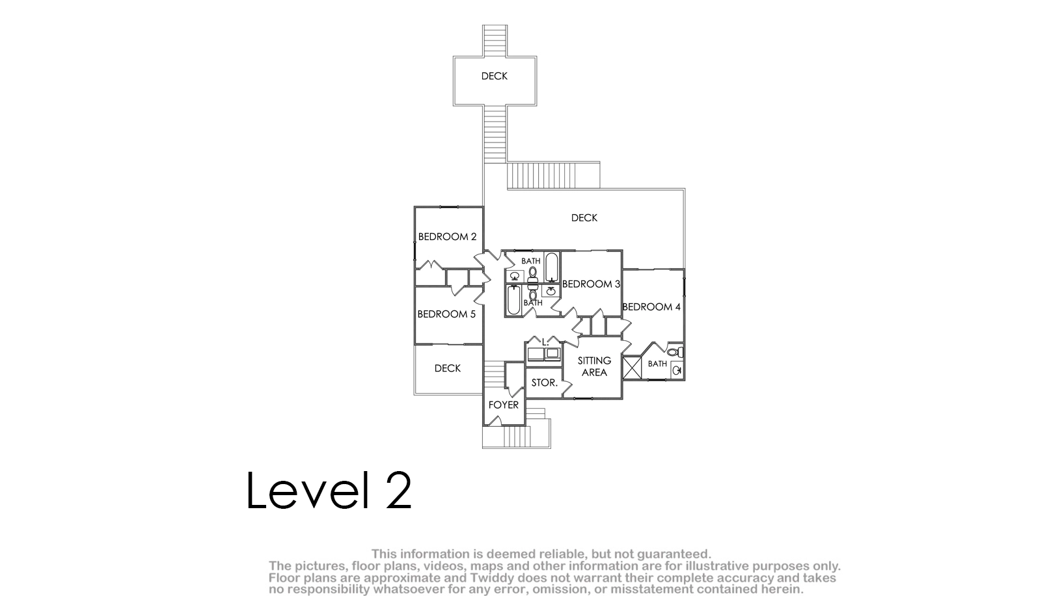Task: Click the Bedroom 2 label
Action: (x=447, y=237)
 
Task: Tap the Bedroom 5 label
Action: (x=446, y=314)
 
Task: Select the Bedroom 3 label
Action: (x=591, y=284)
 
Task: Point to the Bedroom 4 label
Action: (x=651, y=306)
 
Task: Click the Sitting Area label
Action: (x=594, y=366)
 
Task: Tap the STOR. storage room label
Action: (x=544, y=383)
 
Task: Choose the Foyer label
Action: (x=504, y=405)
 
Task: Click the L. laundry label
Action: (x=545, y=342)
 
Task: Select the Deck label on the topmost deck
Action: (x=494, y=76)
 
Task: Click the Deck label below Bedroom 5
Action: (x=448, y=368)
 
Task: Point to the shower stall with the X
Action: (x=631, y=368)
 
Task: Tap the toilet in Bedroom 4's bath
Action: (x=675, y=352)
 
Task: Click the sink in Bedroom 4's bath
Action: (x=677, y=370)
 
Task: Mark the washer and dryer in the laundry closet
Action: (x=544, y=354)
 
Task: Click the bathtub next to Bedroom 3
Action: (x=551, y=268)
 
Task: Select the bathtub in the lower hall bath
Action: (x=514, y=301)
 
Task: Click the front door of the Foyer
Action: (x=495, y=420)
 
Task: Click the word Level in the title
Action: (x=307, y=490)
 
